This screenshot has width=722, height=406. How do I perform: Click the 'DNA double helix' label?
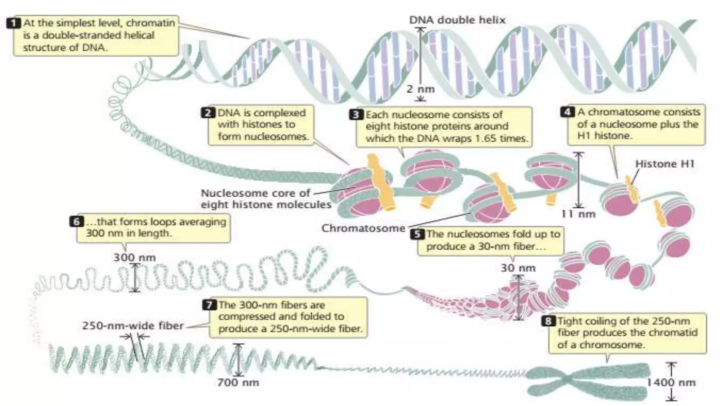[457, 20]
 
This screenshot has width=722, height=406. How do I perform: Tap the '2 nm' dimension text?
[421, 89]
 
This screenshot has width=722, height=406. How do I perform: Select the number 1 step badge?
[13, 23]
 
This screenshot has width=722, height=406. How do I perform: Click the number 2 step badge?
[208, 113]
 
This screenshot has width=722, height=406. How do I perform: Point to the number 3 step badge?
[356, 115]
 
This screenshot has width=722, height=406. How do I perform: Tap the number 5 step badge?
[417, 234]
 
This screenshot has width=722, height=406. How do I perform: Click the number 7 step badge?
[209, 304]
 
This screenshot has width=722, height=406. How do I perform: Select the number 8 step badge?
[548, 321]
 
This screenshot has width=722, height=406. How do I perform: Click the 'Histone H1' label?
[665, 164]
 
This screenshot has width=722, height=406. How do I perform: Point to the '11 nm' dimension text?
[578, 214]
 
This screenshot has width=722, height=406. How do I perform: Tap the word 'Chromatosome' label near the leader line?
[363, 228]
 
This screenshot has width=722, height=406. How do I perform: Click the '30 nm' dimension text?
[518, 268]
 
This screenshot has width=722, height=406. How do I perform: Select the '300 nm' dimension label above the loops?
[134, 257]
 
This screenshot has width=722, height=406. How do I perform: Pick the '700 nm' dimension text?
[238, 382]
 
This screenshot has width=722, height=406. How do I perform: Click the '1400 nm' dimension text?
[671, 382]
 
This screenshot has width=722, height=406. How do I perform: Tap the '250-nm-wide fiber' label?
[133, 325]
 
